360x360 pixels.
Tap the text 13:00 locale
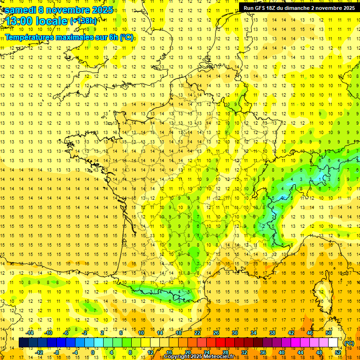[36, 21]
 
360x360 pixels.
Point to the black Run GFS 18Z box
[299, 7]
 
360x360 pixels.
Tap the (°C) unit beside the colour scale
[349, 343]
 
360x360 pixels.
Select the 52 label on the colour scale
[338, 352]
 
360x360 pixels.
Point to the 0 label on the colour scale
[92, 352]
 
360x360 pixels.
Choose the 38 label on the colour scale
[272, 333]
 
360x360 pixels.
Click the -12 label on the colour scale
[39, 352]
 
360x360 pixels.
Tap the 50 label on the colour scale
[329, 333]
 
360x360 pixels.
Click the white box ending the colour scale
[333, 343]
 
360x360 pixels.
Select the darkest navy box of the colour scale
[23, 343]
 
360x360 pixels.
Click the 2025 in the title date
[100, 10]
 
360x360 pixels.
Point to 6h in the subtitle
[113, 37]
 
